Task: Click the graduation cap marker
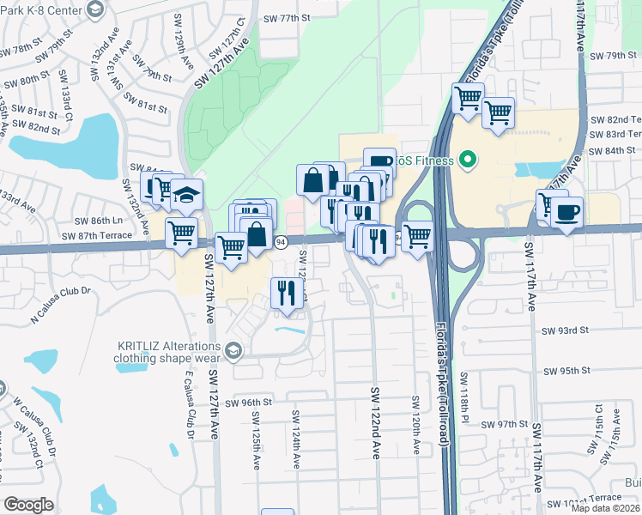(x=186, y=197)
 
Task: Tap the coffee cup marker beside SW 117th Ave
(x=566, y=212)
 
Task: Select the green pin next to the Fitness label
(x=468, y=160)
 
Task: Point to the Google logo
(x=28, y=505)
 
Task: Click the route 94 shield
(x=281, y=243)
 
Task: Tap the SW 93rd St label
(x=564, y=330)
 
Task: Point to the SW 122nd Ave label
(x=375, y=423)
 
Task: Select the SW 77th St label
(x=286, y=17)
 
